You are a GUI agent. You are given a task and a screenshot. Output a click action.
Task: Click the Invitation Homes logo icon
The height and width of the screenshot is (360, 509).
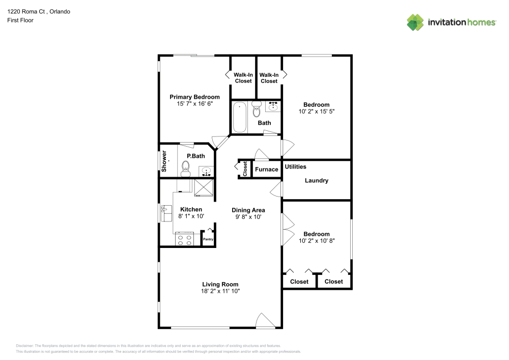coord(415,22)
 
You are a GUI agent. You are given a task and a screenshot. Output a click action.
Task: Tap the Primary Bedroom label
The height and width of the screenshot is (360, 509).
coord(194,97)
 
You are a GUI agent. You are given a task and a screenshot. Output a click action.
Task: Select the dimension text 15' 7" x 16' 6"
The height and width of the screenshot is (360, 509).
coord(194,103)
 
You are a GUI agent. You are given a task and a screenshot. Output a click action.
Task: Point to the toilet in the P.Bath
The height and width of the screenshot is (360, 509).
coord(185,168)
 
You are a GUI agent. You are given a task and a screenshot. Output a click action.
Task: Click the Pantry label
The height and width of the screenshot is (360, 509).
coord(208,239)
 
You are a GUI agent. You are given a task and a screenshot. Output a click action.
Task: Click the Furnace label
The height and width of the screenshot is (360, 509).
coord(267,169)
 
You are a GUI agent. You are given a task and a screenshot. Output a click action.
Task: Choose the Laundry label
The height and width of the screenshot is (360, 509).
coord(316,180)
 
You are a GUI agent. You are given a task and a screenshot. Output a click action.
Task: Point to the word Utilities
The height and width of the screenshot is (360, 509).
coord(295,167)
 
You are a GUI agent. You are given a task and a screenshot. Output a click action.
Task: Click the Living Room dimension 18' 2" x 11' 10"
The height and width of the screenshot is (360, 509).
coord(220,291)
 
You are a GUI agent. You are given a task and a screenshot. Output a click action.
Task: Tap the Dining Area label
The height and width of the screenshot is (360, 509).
coord(248,210)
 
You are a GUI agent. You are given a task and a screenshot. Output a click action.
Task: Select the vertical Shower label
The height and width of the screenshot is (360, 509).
coord(164,160)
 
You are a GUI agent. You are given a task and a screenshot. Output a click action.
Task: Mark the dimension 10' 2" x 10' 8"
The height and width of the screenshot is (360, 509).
coord(316,241)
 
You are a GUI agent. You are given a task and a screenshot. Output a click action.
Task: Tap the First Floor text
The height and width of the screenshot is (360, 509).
coord(20,20)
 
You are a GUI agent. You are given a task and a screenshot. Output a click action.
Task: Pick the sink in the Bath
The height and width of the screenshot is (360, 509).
coord(273,106)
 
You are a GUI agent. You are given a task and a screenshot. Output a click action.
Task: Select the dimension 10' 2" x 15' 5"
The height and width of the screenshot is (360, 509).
coord(316,111)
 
